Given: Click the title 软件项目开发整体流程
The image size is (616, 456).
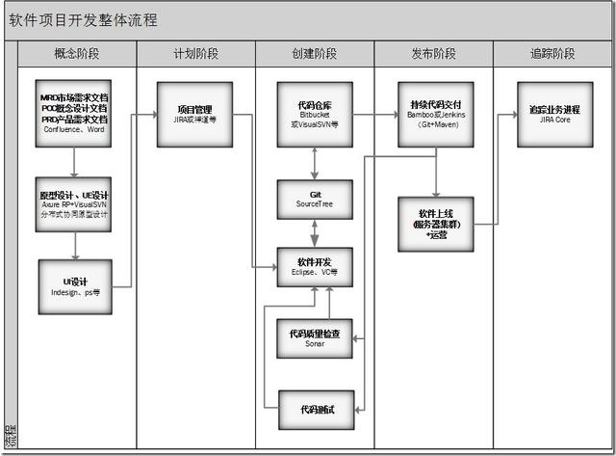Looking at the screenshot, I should pyautogui.click(x=84, y=20).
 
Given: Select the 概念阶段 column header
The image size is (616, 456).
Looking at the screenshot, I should pyautogui.click(x=76, y=55).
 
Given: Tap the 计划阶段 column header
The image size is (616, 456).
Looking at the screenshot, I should pyautogui.click(x=195, y=55).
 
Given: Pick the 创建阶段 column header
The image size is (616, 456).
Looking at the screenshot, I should pyautogui.click(x=314, y=55).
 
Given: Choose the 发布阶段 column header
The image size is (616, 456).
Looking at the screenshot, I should pyautogui.click(x=433, y=55).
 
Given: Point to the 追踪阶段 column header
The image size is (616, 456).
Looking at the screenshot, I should pyautogui.click(x=552, y=55).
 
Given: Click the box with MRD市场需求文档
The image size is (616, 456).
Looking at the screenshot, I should pyautogui.click(x=74, y=114).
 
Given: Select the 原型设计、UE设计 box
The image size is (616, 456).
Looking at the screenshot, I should pyautogui.click(x=74, y=202).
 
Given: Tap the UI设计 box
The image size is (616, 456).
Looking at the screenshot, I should pyautogui.click(x=74, y=286).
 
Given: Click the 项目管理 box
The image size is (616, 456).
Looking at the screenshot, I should pyautogui.click(x=194, y=114).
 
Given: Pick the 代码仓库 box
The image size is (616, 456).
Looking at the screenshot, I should pyautogui.click(x=315, y=114).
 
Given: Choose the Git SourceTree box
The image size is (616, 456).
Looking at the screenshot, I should pyautogui.click(x=315, y=199).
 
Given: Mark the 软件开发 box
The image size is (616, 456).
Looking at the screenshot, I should pyautogui.click(x=315, y=267).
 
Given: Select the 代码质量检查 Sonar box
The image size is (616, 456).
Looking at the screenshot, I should pyautogui.click(x=315, y=337).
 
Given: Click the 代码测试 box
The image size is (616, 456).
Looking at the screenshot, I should pyautogui.click(x=315, y=410).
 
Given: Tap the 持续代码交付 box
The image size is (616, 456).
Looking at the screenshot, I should pyautogui.click(x=436, y=114).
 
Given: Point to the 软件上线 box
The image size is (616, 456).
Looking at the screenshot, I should pyautogui.click(x=436, y=224).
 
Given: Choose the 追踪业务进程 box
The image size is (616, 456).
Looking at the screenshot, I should pyautogui.click(x=554, y=114).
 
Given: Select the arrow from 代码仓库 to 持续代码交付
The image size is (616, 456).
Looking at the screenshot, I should pyautogui.click(x=375, y=114).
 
